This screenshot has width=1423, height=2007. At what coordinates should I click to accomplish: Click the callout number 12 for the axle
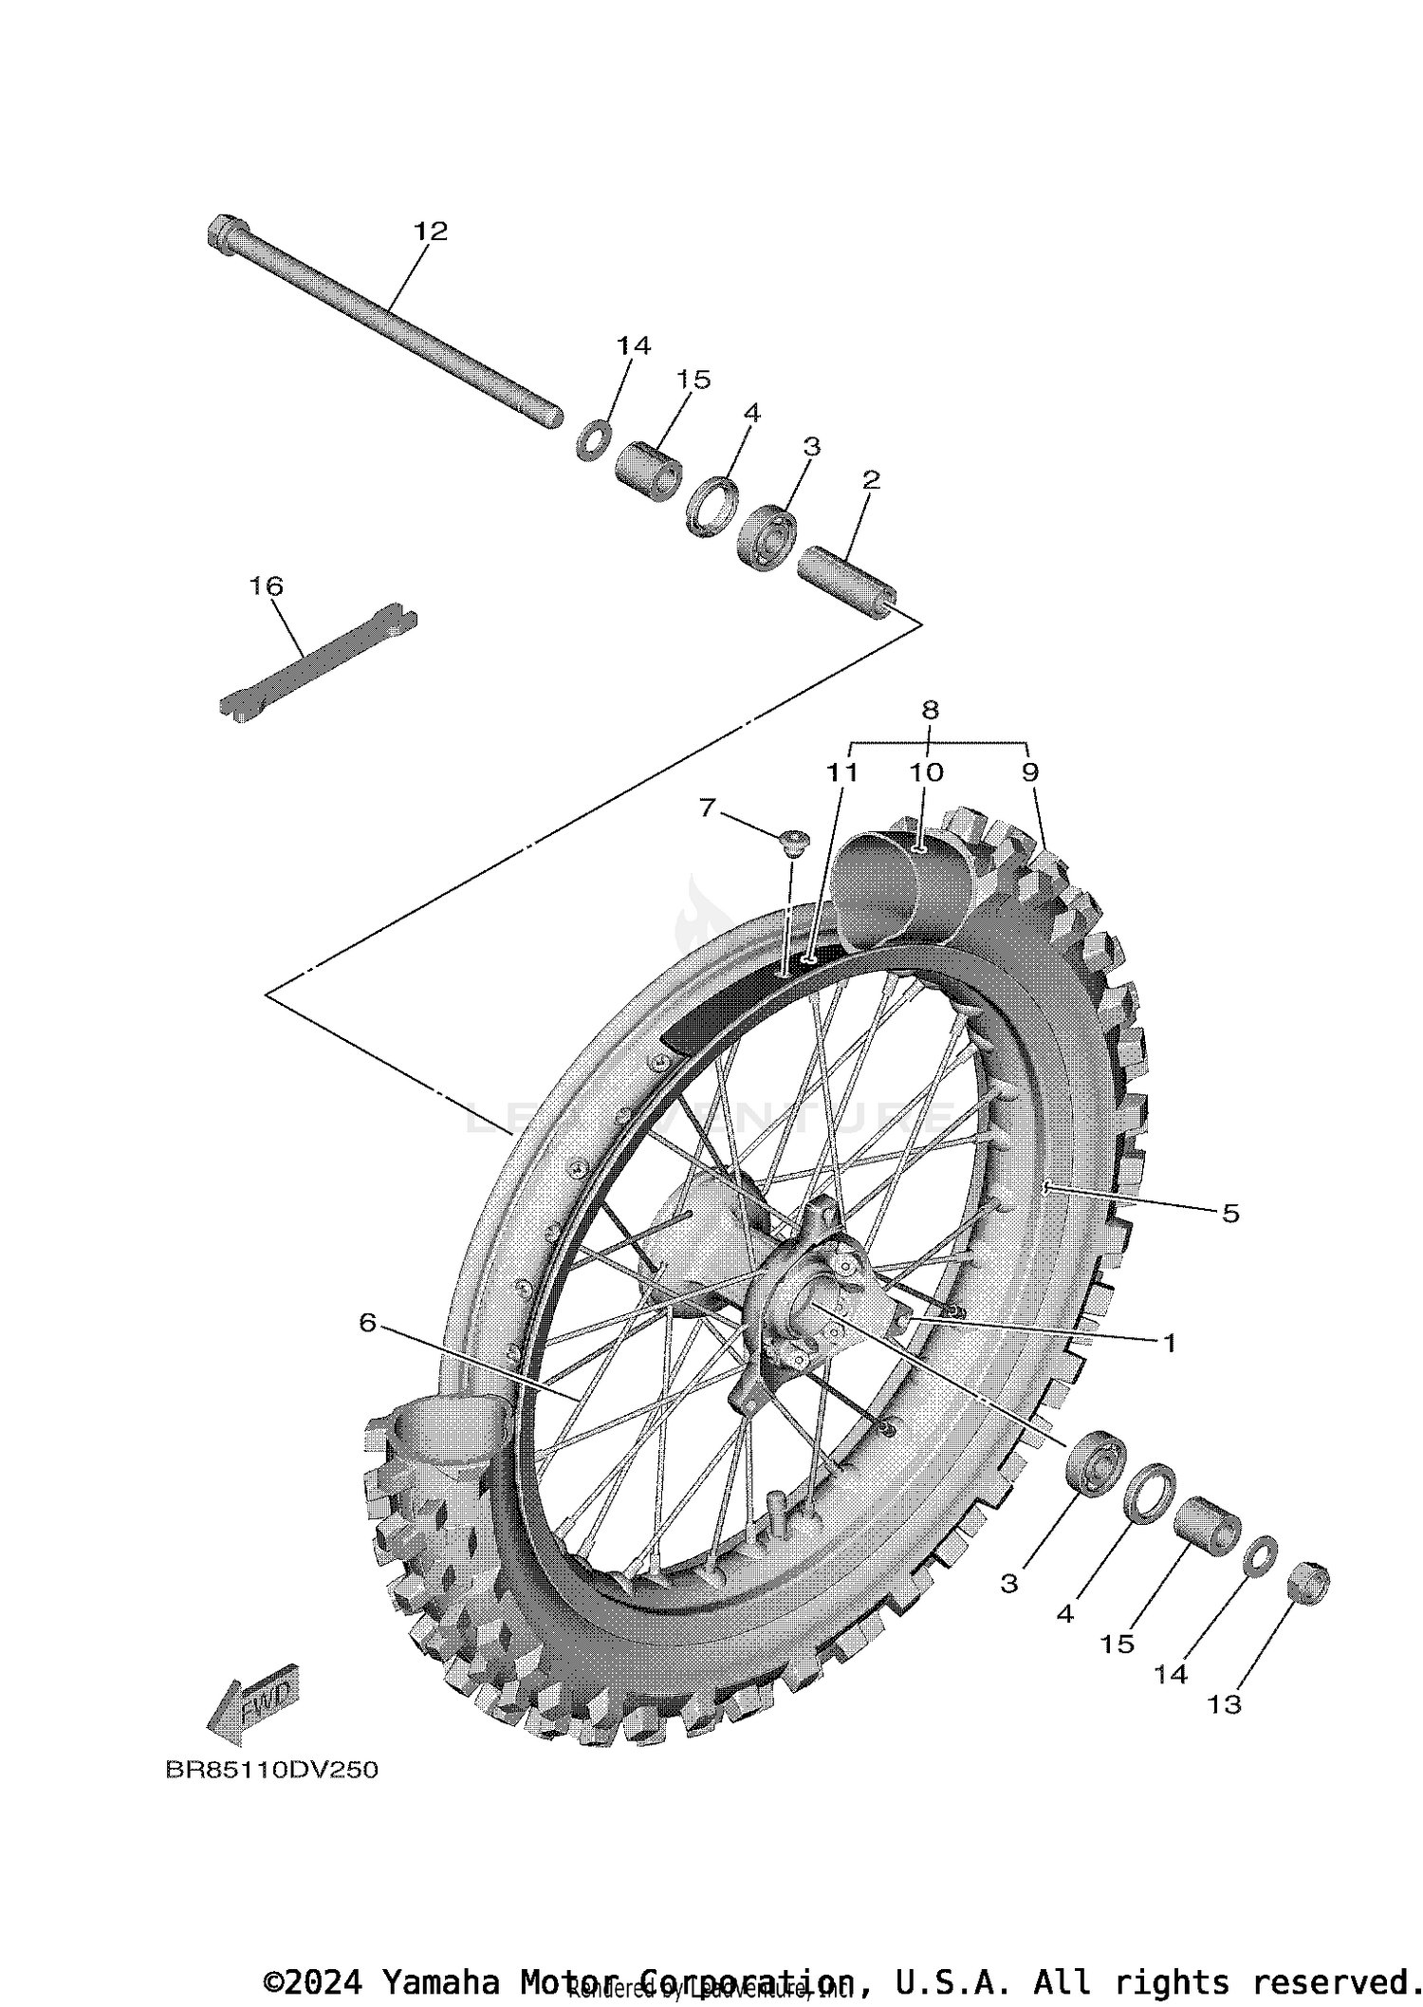point(430,231)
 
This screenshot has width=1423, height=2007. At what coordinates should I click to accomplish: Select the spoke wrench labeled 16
point(318,661)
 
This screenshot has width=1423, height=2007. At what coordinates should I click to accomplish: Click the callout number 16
point(267,586)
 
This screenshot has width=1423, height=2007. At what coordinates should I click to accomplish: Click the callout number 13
point(1224,1704)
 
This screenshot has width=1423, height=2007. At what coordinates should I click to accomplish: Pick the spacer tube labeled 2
point(846,580)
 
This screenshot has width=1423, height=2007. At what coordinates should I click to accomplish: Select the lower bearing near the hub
point(1096,1475)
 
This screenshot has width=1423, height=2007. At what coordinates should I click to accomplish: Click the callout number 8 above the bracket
point(930,709)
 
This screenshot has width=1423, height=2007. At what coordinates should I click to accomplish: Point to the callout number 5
point(1229,1213)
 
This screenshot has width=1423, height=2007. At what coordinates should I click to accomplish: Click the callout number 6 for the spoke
point(368,1322)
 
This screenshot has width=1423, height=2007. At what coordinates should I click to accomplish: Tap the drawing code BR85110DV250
point(271,1770)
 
